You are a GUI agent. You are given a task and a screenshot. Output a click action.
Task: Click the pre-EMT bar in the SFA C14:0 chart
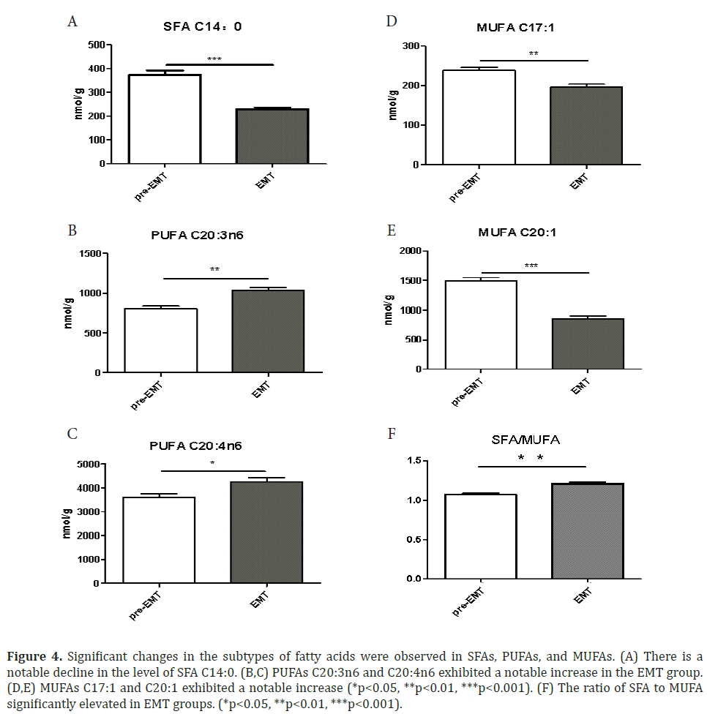165,119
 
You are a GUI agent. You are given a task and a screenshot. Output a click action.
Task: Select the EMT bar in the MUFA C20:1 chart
588,344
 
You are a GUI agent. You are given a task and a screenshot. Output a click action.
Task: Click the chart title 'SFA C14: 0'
202,27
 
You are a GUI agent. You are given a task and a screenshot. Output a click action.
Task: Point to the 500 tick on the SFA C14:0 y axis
94,45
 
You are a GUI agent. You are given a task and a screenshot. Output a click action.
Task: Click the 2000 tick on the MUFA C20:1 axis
411,251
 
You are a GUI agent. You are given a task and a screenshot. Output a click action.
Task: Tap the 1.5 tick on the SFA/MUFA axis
416,461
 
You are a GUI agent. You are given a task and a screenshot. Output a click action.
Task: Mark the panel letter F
391,435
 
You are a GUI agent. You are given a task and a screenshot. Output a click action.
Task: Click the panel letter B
72,230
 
